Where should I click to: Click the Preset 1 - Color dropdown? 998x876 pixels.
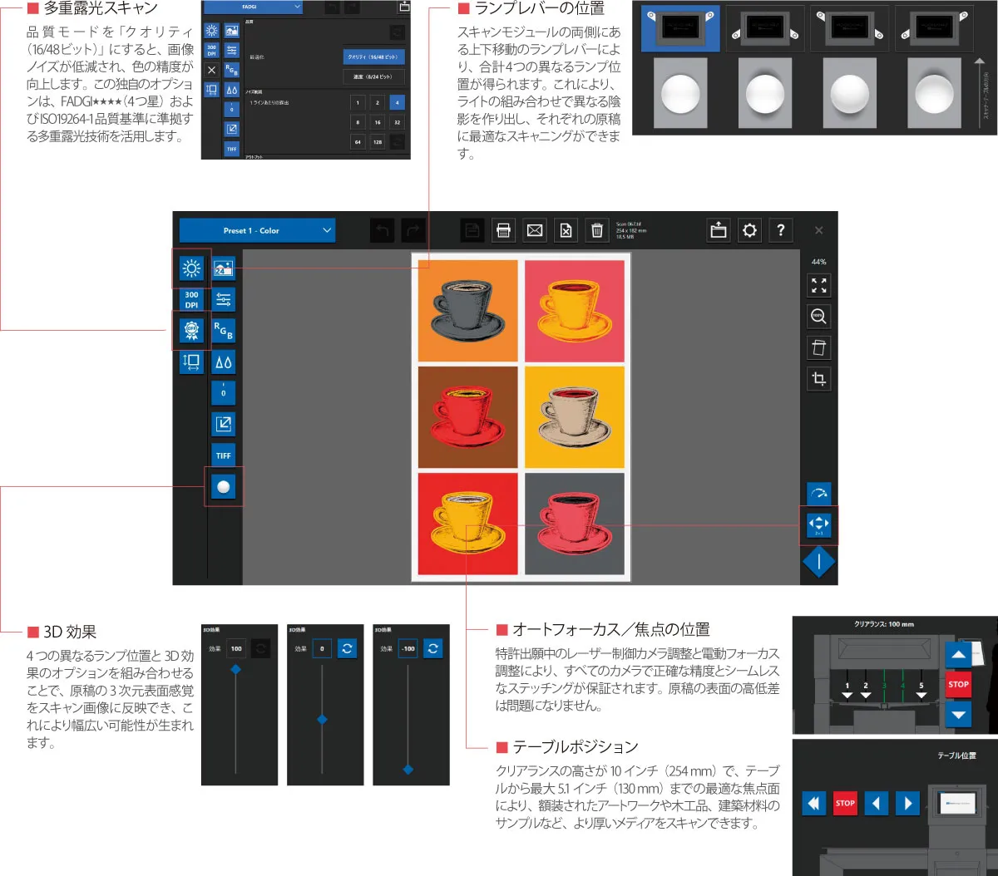257,230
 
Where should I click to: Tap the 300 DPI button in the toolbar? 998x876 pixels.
191,299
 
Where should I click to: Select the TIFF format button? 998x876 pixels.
223,455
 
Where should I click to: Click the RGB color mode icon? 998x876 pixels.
223,331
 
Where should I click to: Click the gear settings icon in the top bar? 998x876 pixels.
749,231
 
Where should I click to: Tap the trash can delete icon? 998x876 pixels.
596,231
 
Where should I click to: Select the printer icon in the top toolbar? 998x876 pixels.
503,231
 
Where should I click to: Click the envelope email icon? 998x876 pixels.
535,231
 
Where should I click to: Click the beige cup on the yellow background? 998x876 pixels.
574,416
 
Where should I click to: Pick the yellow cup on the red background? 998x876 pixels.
467,522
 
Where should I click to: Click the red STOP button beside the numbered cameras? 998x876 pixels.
958,685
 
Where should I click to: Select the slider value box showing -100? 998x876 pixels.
408,648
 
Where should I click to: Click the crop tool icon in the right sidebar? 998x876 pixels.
818,379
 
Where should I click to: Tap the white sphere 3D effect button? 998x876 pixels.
223,487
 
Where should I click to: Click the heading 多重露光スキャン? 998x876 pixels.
101,8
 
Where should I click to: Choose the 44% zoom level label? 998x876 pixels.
818,262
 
